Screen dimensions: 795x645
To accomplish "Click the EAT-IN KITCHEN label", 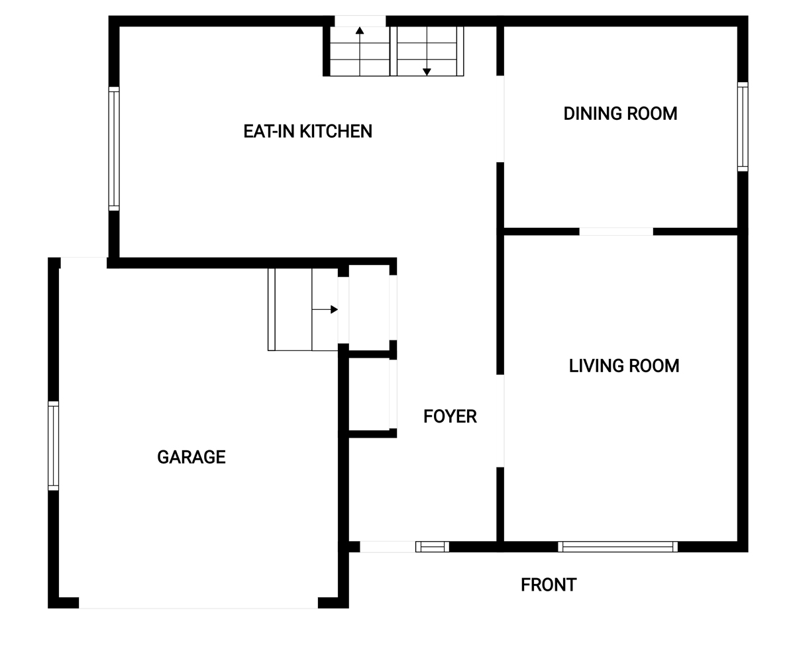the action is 307,131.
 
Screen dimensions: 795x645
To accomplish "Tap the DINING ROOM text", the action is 620,113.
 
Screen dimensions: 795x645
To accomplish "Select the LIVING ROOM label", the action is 623,366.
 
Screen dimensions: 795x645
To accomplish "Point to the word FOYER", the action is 450,417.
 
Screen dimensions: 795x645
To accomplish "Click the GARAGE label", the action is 191,457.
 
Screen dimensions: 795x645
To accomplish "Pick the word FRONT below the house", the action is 549,585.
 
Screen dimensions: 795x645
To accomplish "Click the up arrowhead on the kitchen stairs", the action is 360,30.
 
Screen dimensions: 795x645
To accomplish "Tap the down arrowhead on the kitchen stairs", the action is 427,72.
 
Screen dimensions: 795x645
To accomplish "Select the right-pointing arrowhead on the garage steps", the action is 334,309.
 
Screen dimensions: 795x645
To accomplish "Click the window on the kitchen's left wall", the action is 114,148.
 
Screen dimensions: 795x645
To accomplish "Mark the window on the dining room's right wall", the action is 743,127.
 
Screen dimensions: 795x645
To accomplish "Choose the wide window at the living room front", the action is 617,547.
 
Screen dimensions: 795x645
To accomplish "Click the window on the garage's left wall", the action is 54,446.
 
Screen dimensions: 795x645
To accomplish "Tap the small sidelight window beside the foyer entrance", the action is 432,547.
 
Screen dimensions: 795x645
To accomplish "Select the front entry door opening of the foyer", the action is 388,547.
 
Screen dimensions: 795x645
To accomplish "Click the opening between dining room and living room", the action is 616,231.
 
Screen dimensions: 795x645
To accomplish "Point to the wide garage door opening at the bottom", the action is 198,603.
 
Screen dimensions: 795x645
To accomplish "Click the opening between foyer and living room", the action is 500,421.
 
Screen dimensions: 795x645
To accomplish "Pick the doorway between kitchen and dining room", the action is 500,119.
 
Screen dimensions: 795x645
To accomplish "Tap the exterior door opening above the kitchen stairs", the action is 360,21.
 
